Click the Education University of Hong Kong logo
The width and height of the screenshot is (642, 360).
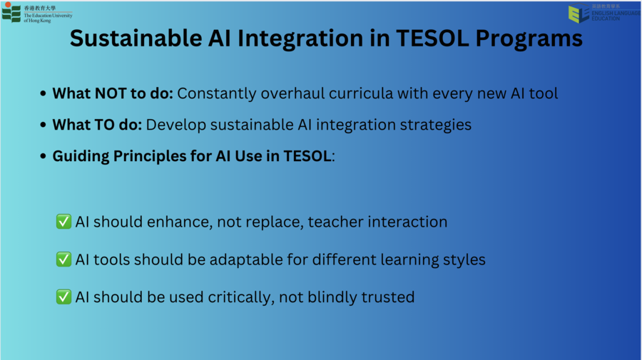(37, 13)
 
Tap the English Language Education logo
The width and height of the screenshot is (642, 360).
(604, 13)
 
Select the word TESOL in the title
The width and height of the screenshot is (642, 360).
(432, 38)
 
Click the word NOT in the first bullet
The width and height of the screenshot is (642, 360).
(111, 93)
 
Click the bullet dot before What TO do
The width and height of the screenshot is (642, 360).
(43, 125)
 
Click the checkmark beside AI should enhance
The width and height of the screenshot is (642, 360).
(63, 221)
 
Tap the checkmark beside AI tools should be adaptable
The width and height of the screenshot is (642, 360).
(63, 259)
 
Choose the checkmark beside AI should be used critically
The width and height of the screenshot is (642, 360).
(63, 297)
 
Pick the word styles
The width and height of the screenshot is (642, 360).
(464, 260)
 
